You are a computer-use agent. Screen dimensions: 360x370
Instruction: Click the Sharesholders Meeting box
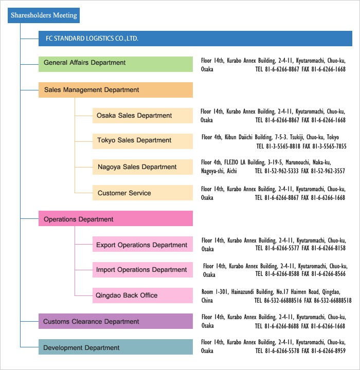[44, 15]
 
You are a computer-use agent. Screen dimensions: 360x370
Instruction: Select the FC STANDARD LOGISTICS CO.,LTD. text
[92, 39]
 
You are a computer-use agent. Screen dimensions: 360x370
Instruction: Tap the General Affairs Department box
[116, 64]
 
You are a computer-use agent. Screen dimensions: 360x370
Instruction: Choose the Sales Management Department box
[116, 90]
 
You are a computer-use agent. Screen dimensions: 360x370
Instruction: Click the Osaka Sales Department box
[142, 116]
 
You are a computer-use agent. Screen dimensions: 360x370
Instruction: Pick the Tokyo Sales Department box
[142, 141]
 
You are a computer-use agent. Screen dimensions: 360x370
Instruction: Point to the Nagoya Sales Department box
[142, 167]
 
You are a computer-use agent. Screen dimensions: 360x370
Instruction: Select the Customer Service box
[142, 193]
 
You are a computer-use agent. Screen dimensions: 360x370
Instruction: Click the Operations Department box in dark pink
[116, 218]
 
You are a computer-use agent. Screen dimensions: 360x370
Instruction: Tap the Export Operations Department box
[142, 244]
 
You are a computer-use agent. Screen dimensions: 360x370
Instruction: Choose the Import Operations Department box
[142, 270]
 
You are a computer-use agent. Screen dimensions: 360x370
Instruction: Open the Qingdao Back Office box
[142, 295]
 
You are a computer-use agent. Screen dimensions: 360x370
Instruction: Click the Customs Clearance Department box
[116, 321]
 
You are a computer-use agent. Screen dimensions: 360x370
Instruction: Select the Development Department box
[116, 347]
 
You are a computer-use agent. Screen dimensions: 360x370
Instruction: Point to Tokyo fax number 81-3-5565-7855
[329, 146]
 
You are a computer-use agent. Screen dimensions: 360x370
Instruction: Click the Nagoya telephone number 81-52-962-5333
[281, 171]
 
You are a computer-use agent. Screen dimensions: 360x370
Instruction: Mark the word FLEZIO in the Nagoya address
[231, 162]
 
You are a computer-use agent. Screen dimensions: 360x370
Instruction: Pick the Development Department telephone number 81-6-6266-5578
[282, 351]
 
